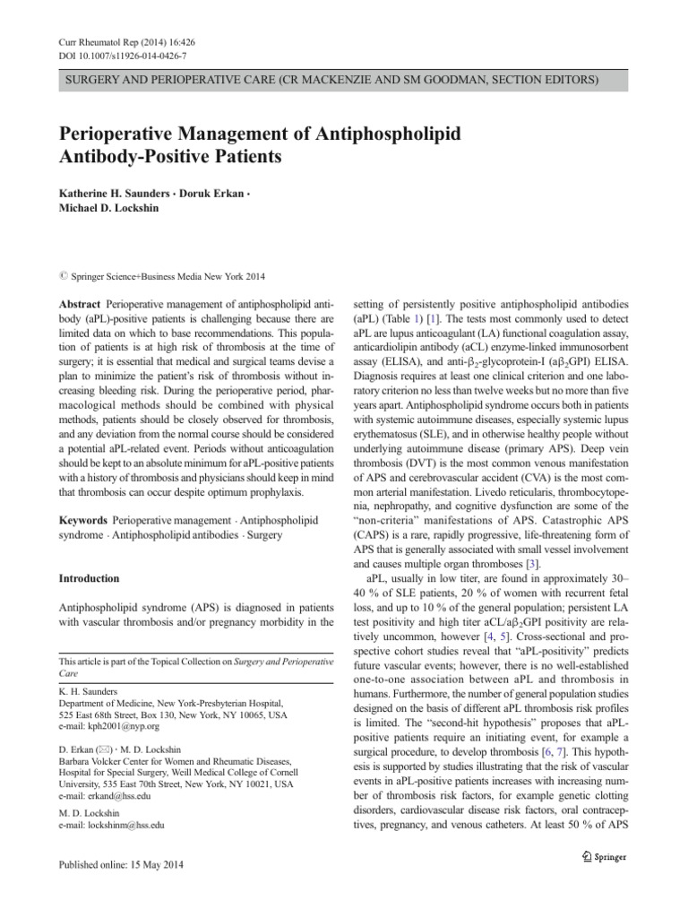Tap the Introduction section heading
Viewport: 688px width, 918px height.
pos(90,578)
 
